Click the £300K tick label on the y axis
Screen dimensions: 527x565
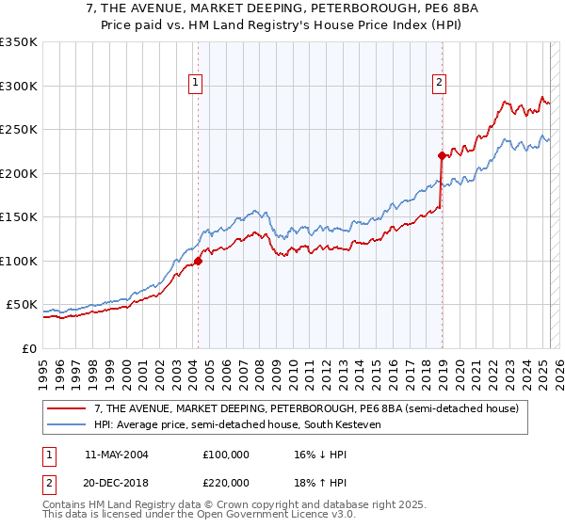pyautogui.click(x=18, y=86)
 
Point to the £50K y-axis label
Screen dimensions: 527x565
pyautogui.click(x=22, y=305)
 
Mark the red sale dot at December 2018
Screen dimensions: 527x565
pyautogui.click(x=442, y=155)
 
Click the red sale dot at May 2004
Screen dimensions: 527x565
pyautogui.click(x=198, y=261)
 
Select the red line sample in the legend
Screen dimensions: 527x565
pyautogui.click(x=67, y=408)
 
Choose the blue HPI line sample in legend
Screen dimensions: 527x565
pyautogui.click(x=67, y=424)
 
